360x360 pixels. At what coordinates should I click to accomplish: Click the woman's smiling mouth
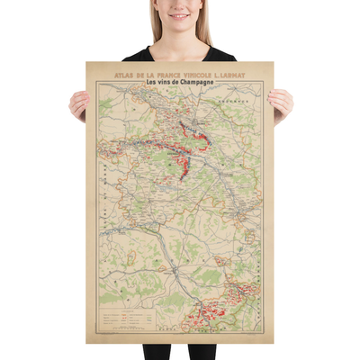click(x=179, y=16)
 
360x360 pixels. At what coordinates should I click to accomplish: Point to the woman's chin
click(x=179, y=27)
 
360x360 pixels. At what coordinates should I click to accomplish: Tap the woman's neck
click(x=179, y=38)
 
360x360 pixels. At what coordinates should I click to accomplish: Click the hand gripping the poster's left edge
click(x=78, y=104)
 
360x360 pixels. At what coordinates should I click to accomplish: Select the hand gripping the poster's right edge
click(x=281, y=103)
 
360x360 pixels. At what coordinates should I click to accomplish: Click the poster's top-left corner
click(x=86, y=62)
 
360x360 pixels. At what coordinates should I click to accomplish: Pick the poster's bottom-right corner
click(x=273, y=343)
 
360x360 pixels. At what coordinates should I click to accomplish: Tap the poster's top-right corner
click(x=273, y=62)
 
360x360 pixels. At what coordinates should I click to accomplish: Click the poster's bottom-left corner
click(x=86, y=343)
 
